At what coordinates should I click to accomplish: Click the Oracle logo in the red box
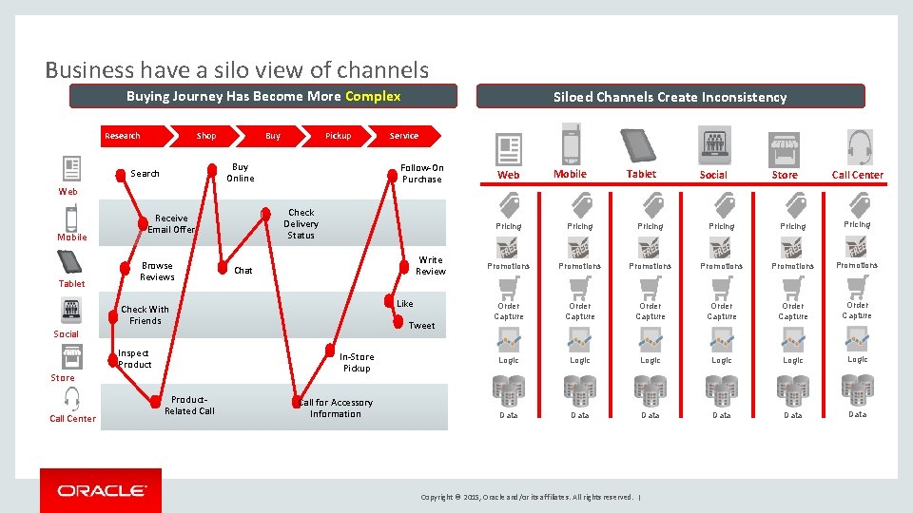[x=101, y=490]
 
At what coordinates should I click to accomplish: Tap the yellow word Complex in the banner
[x=373, y=96]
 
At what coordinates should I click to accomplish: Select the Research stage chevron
[x=123, y=136]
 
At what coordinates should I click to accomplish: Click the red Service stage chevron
[x=404, y=136]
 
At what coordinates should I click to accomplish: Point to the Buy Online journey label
[x=240, y=172]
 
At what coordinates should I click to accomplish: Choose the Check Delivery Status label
[x=301, y=224]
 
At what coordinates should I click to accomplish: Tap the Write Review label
[x=430, y=265]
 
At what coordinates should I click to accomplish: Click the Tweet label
[x=421, y=326]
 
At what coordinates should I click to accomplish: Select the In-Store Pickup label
[x=357, y=362]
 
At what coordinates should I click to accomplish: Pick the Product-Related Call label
[x=189, y=406]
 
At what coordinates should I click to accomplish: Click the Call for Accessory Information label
[x=336, y=408]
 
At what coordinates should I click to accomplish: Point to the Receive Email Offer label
[x=171, y=224]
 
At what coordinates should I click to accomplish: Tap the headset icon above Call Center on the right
[x=859, y=148]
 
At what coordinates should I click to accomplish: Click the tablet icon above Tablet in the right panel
[x=639, y=146]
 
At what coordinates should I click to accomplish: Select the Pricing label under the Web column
[x=509, y=226]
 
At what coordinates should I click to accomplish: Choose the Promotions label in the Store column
[x=792, y=266]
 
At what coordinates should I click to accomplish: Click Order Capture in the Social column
[x=722, y=311]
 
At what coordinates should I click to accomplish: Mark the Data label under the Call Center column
[x=857, y=414]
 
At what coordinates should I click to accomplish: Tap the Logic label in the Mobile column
[x=579, y=360]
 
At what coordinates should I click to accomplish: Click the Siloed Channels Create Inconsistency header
[x=670, y=97]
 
